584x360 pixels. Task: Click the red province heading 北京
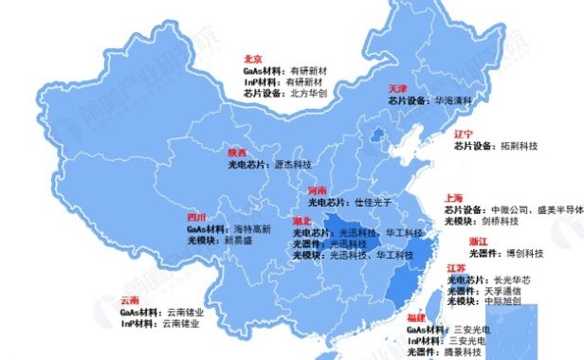click(x=253, y=58)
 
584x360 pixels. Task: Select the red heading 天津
click(x=398, y=87)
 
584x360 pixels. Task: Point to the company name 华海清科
click(x=454, y=99)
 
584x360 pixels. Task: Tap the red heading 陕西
click(x=237, y=152)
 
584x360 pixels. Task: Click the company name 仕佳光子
click(x=373, y=203)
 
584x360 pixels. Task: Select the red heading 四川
click(x=196, y=217)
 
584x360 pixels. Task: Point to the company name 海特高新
click(x=252, y=229)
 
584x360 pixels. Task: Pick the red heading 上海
click(x=454, y=198)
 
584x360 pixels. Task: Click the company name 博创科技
click(x=524, y=254)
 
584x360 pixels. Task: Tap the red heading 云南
click(x=130, y=300)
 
